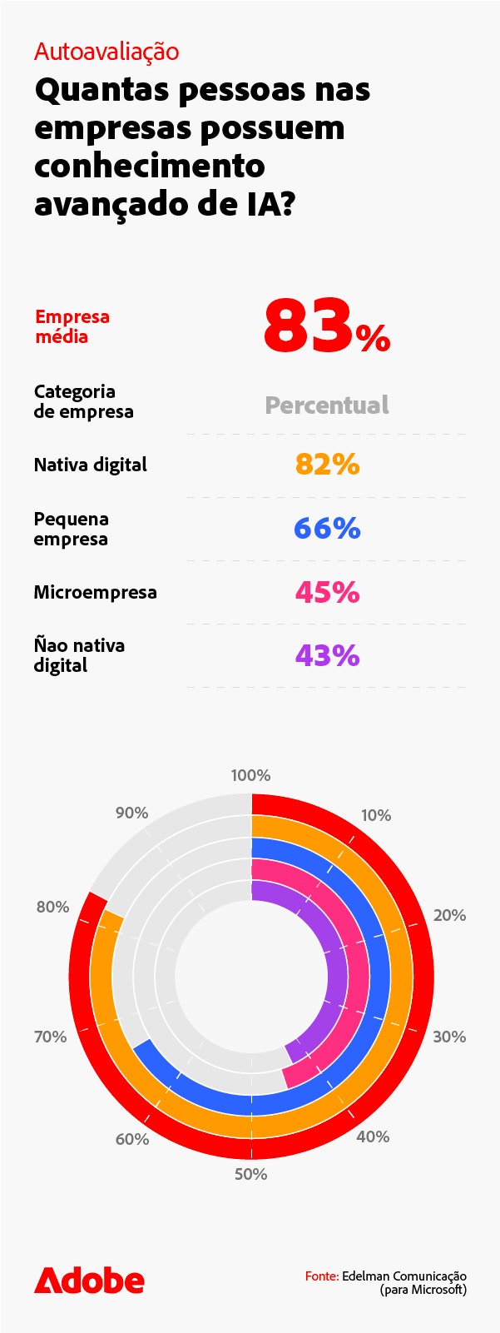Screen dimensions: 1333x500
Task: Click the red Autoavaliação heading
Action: click(106, 52)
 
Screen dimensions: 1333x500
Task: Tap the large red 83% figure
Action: click(326, 327)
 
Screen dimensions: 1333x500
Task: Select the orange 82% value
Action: click(327, 465)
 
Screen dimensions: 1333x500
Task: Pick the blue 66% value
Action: click(327, 529)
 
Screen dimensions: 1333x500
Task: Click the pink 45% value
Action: click(327, 592)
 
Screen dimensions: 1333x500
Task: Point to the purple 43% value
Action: click(327, 656)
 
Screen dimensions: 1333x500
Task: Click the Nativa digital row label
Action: click(90, 465)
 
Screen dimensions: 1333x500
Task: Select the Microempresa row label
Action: click(95, 592)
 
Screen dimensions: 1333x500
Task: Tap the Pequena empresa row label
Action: click(71, 529)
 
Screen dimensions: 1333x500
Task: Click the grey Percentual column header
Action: click(327, 405)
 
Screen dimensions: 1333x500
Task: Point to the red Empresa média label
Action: click(72, 326)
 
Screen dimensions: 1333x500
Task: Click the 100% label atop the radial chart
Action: click(250, 775)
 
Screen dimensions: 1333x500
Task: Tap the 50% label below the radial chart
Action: click(250, 1174)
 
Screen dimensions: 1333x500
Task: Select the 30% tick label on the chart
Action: click(449, 1037)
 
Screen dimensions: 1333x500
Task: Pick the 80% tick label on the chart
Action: click(52, 907)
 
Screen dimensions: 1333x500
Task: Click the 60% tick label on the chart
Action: click(132, 1139)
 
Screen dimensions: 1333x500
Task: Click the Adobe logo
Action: click(89, 1281)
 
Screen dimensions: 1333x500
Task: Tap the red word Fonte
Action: click(321, 1276)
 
